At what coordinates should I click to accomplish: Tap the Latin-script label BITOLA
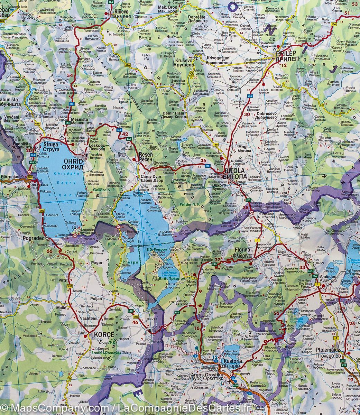coord(234,171)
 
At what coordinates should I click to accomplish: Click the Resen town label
coord(146,155)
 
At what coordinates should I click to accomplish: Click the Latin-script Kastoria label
coord(232,361)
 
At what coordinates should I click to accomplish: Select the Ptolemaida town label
coord(329,351)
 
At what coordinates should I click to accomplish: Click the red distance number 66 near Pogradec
coord(49,251)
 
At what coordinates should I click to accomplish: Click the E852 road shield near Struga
coord(33,162)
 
